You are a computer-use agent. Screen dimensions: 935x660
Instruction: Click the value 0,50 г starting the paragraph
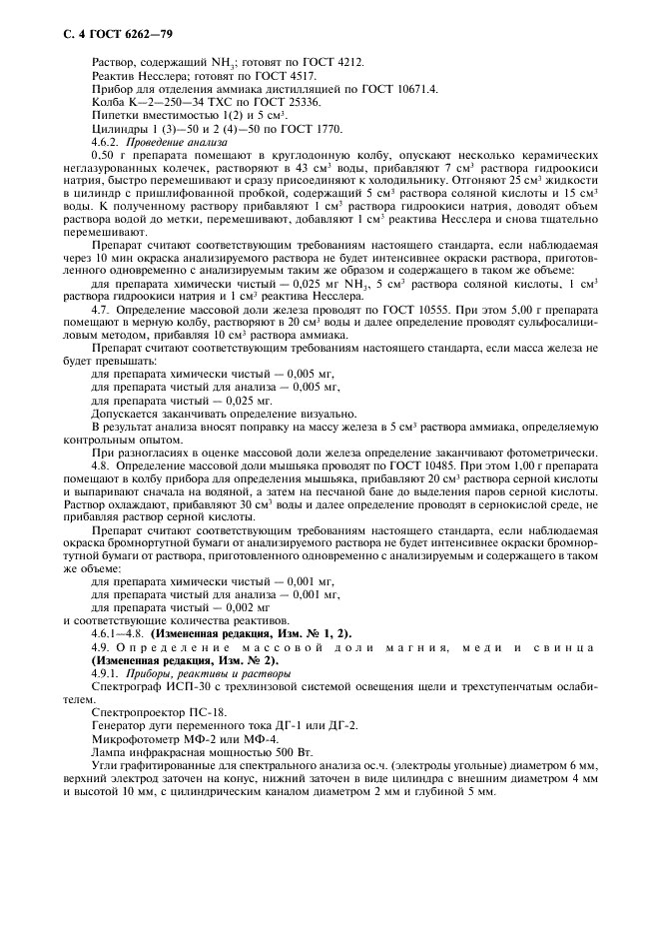point(108,160)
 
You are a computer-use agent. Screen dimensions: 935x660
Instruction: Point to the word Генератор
point(120,731)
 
